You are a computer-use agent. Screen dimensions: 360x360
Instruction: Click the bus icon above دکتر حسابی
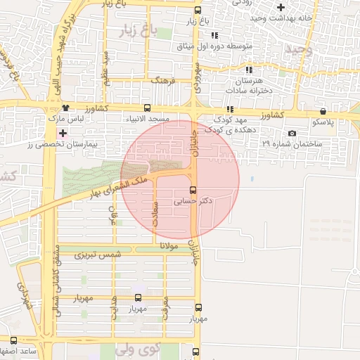[193, 190]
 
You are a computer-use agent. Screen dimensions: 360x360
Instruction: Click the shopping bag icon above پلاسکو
[323, 110]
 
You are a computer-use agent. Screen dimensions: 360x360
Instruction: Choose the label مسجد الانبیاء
[148, 120]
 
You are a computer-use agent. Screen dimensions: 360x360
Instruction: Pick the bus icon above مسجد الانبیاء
[147, 108]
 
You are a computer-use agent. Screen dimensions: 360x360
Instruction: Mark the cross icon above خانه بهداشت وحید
[281, 7]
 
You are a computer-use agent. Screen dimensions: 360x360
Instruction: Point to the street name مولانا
[172, 245]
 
